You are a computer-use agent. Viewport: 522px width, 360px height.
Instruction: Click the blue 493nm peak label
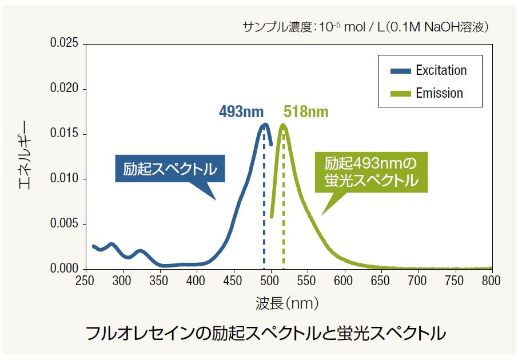[241, 111]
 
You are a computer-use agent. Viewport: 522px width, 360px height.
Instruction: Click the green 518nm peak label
[306, 111]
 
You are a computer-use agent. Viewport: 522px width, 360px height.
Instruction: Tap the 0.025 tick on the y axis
[64, 44]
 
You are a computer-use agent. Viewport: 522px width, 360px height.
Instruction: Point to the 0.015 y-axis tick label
[64, 134]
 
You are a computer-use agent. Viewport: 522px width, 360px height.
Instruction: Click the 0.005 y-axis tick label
[64, 224]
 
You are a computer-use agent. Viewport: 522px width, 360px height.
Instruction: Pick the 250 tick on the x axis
[85, 281]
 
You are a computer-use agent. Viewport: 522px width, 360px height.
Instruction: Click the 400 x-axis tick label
[196, 281]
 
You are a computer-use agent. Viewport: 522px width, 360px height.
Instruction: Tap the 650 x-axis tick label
[381, 281]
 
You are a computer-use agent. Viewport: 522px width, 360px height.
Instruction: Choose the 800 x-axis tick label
[492, 281]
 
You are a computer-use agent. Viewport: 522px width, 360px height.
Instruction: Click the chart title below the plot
[265, 333]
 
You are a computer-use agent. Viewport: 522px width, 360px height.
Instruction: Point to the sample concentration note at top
[366, 27]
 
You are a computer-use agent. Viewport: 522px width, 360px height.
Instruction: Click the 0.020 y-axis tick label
[64, 89]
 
